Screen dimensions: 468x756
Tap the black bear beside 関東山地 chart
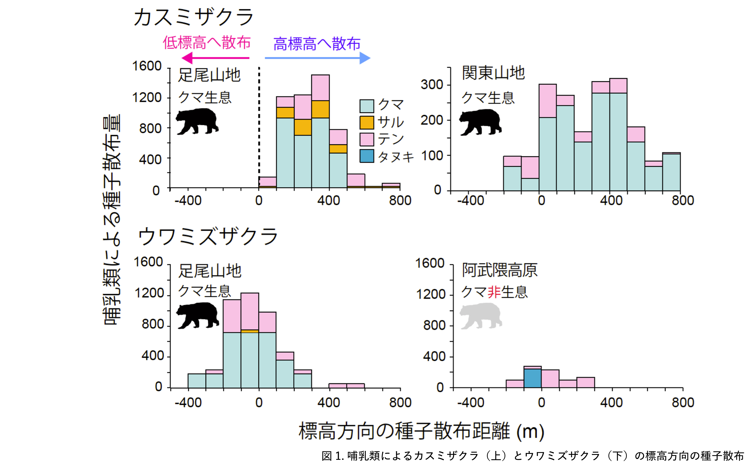point(480,122)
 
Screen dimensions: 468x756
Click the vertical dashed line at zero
point(259,124)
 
